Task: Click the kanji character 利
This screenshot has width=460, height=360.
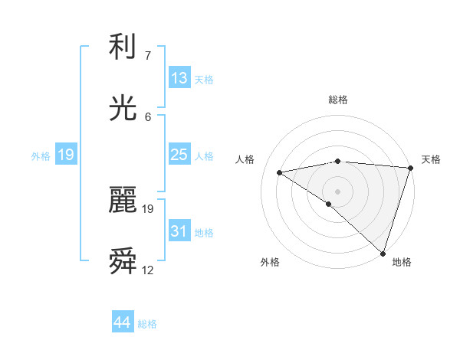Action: point(123,48)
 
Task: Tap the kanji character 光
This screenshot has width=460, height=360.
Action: point(123,110)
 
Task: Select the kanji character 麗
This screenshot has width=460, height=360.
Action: point(123,201)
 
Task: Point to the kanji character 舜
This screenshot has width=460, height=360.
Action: point(123,263)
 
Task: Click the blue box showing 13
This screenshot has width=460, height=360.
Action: point(179,78)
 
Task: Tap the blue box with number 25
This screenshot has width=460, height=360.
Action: point(179,155)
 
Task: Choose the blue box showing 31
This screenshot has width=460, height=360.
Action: point(179,231)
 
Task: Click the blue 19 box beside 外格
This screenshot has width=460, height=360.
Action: point(66,155)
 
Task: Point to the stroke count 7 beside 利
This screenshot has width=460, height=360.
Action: point(147,56)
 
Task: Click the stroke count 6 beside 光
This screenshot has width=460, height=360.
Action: point(147,117)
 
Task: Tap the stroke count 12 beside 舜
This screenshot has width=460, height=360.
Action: point(148,270)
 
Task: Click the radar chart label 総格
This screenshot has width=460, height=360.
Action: point(338,100)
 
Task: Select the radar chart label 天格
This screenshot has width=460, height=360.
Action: point(431,159)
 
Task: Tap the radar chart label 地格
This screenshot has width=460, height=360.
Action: point(402,263)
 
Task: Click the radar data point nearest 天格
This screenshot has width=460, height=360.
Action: point(410,168)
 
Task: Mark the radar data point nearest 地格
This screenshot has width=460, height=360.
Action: point(383,253)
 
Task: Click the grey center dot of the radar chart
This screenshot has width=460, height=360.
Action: point(337,191)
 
